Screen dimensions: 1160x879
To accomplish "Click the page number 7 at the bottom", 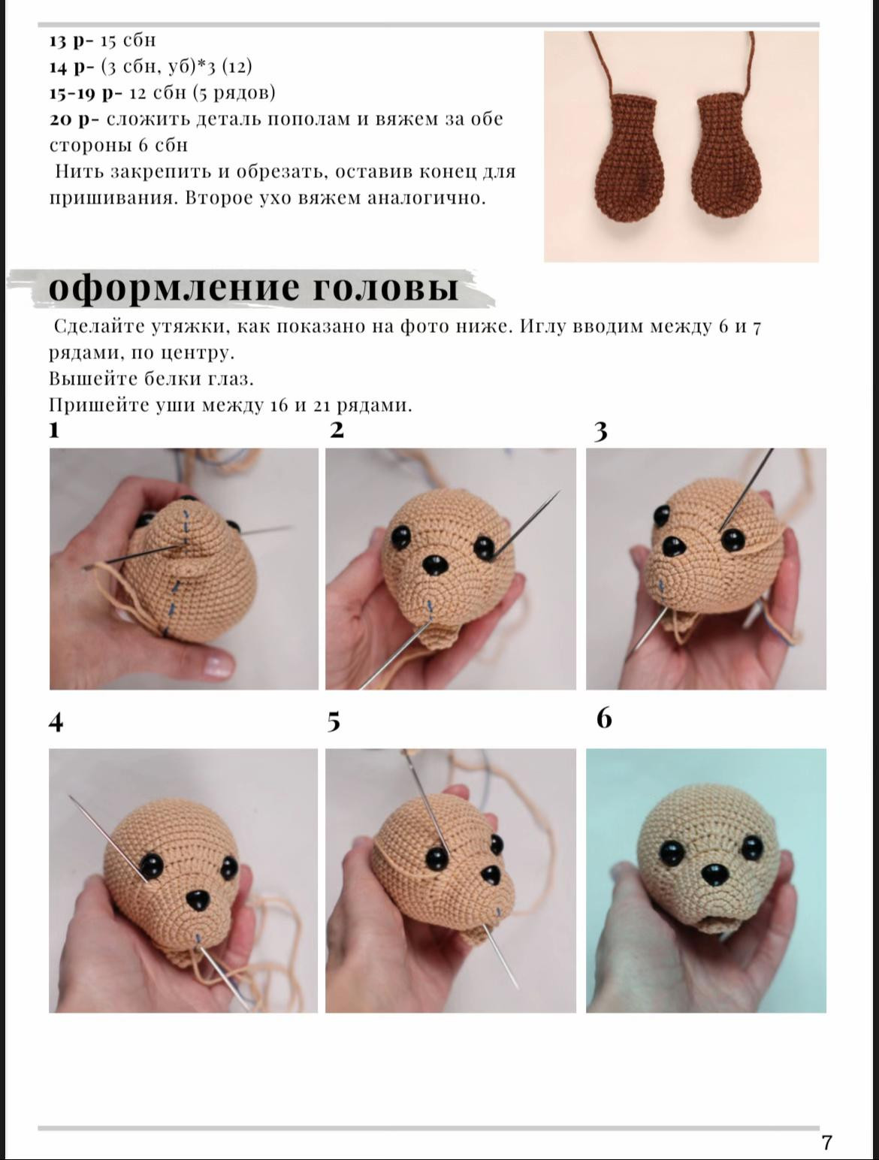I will (826, 1143).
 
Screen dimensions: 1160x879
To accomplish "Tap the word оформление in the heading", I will (174, 287).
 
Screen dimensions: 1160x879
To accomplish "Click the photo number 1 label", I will (54, 430).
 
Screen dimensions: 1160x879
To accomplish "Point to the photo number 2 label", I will (337, 430).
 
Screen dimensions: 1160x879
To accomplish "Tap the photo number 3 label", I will (600, 431).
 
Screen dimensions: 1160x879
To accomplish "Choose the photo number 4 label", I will (56, 722).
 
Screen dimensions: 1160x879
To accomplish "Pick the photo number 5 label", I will (334, 721).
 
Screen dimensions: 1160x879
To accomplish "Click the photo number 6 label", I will (604, 718).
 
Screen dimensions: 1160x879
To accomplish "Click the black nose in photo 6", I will (711, 875).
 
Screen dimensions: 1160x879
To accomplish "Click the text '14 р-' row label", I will (71, 67).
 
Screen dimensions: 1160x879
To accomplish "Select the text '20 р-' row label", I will (71, 119).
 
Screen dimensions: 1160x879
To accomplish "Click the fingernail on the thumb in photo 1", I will (218, 665).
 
